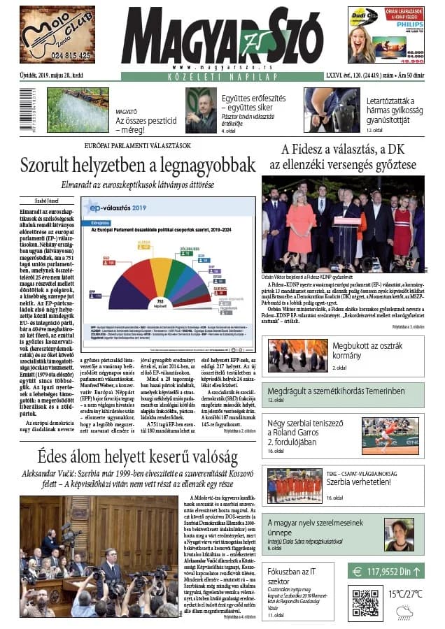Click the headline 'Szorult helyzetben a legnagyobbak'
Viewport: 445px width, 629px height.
(137, 166)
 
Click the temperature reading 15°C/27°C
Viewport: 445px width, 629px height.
(406, 593)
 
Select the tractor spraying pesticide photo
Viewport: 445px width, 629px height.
(77, 110)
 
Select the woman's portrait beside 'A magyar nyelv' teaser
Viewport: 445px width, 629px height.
(399, 535)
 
